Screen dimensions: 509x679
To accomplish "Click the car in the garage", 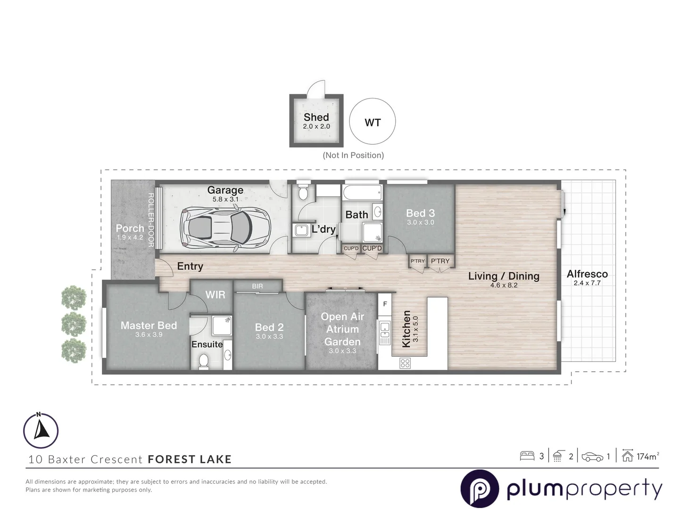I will (225, 227).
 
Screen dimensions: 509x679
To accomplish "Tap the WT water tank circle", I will (373, 122).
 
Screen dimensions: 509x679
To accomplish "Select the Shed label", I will (316, 117).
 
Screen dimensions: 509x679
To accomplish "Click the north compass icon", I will (41, 430).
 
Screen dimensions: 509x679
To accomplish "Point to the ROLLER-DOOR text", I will (151, 220).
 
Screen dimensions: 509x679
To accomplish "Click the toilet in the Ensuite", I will (204, 361).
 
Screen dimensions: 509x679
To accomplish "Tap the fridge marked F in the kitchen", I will (385, 304).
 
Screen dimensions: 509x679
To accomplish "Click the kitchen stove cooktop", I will (405, 363).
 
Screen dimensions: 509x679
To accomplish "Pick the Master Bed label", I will (149, 325).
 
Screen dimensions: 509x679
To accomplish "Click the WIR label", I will (215, 295).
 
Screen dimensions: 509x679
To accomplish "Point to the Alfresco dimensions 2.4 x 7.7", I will (587, 283).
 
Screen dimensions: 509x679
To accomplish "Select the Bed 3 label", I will (420, 213).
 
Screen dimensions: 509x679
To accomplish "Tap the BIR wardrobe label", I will (257, 286).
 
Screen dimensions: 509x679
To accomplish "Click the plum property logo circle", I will (480, 489).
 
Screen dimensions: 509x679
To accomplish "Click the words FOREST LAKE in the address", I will (190, 459).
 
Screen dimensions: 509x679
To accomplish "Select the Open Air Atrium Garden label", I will (342, 329).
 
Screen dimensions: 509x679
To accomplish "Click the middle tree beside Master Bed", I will (74, 323).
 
